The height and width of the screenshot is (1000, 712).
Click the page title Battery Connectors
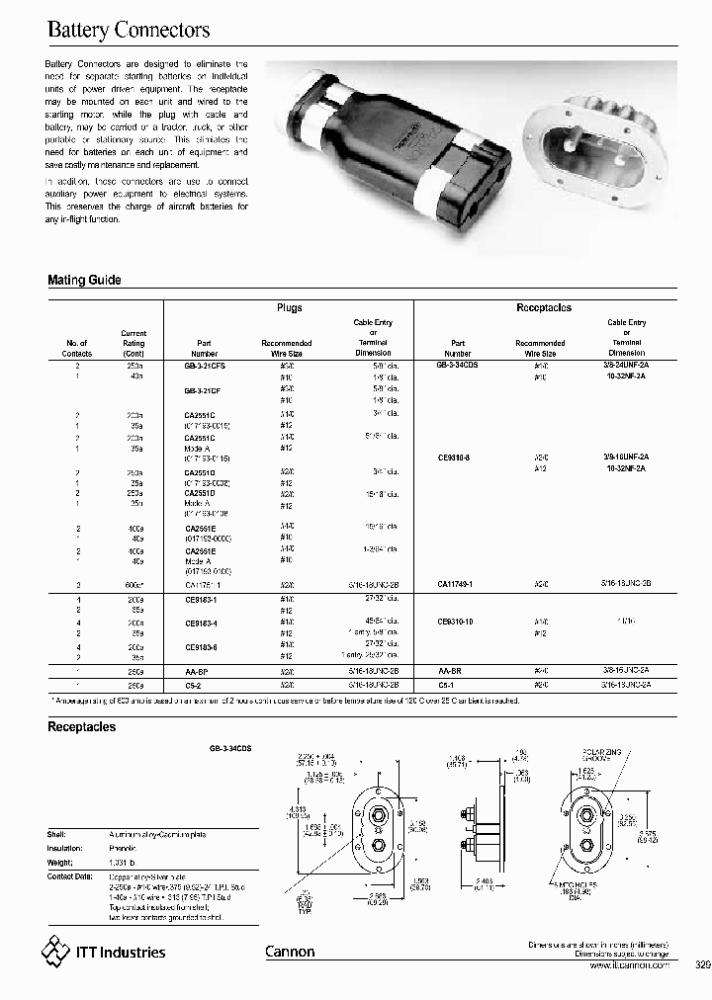click(129, 31)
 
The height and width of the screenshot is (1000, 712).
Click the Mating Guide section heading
click(84, 281)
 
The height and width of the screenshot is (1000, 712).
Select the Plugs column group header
click(289, 308)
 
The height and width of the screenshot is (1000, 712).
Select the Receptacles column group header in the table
click(544, 308)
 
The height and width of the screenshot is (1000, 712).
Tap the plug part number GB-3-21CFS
click(205, 365)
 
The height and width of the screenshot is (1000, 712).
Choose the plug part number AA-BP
click(197, 671)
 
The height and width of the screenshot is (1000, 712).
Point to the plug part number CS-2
click(194, 683)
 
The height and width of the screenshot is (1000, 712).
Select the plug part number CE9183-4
click(202, 624)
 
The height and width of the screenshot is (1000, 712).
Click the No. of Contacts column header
click(76, 348)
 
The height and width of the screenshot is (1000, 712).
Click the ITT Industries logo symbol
click(55, 952)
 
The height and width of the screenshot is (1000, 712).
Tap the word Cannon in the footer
click(290, 952)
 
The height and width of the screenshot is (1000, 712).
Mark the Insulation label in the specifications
click(65, 848)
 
